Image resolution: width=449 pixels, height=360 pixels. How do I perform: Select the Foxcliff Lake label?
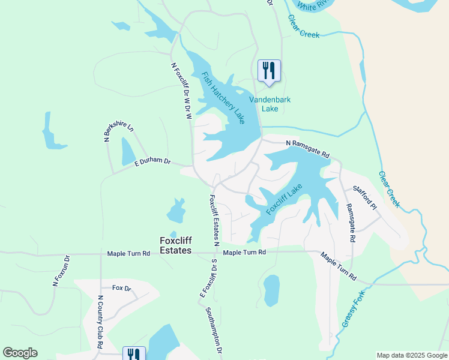[x=284, y=199]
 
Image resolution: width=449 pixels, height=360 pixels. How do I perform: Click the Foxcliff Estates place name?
[x=175, y=245]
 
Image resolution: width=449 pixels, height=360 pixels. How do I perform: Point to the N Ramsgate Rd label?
[x=308, y=149]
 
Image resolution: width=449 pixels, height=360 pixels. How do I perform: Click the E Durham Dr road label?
[x=152, y=162]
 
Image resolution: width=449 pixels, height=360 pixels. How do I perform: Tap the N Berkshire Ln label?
[x=111, y=128]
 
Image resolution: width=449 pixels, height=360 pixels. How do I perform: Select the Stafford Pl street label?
[x=364, y=197]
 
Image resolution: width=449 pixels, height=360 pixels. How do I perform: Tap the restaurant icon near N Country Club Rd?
[x=134, y=355]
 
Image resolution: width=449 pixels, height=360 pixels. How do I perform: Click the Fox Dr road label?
[x=122, y=288]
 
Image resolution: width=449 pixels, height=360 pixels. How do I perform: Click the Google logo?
[x=20, y=353]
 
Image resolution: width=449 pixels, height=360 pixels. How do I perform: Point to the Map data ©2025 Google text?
[x=412, y=355]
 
